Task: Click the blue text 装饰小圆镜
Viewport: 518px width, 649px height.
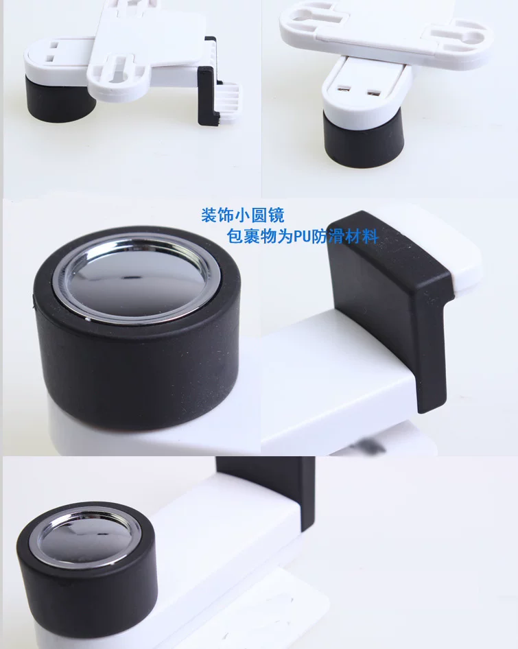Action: click(243, 215)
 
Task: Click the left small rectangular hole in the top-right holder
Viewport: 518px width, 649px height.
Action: click(342, 88)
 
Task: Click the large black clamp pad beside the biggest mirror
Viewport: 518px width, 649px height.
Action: click(389, 306)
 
